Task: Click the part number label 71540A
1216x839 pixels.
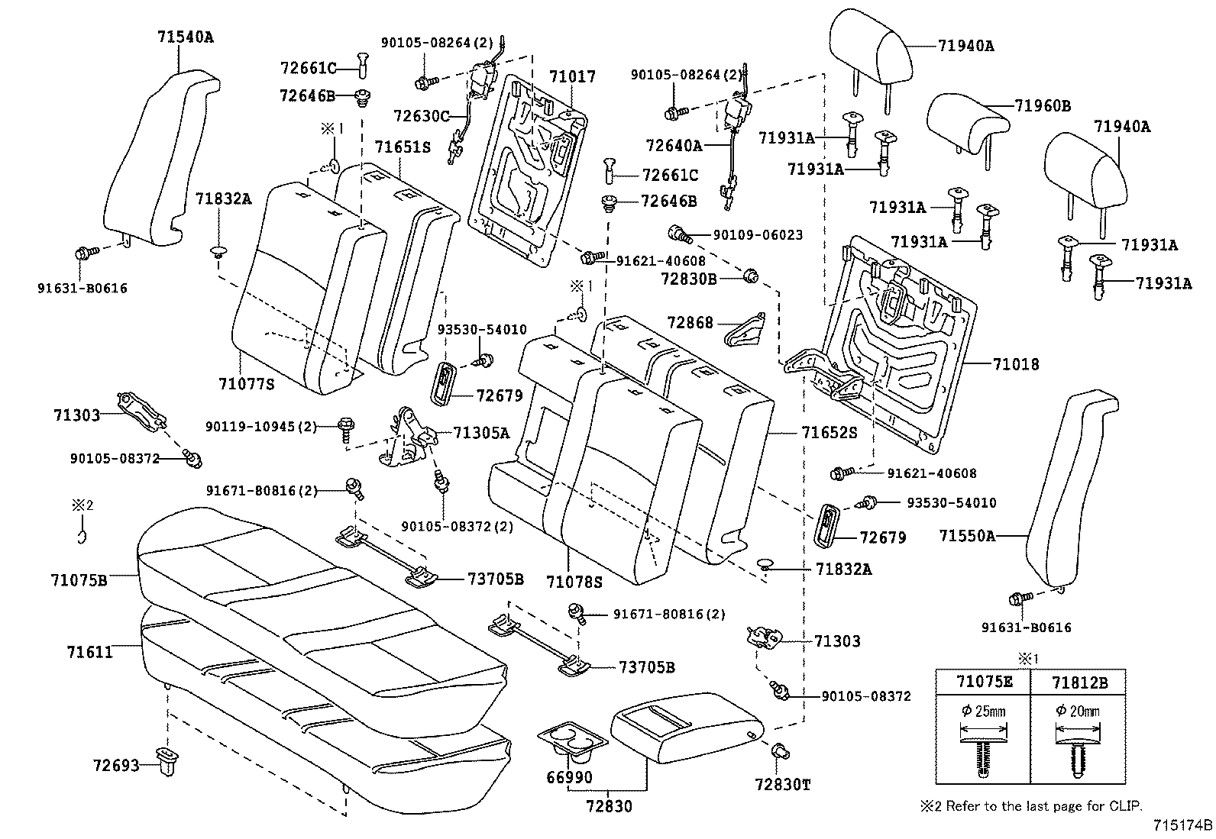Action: [186, 37]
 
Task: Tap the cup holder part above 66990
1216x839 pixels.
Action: [571, 742]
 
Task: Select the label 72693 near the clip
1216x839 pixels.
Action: [116, 765]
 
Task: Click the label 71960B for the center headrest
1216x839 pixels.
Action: [1043, 106]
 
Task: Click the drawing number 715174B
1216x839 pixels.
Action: [1182, 825]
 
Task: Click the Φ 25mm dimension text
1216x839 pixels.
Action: [983, 711]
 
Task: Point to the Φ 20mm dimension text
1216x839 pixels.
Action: [1077, 711]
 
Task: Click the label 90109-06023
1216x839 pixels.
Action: [757, 235]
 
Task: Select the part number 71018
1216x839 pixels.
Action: [1016, 364]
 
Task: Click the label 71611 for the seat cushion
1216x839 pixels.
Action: [89, 652]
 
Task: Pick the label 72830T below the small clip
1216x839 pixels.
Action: [782, 785]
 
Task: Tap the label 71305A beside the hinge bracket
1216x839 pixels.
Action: [481, 433]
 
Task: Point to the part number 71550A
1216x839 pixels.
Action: [967, 536]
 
